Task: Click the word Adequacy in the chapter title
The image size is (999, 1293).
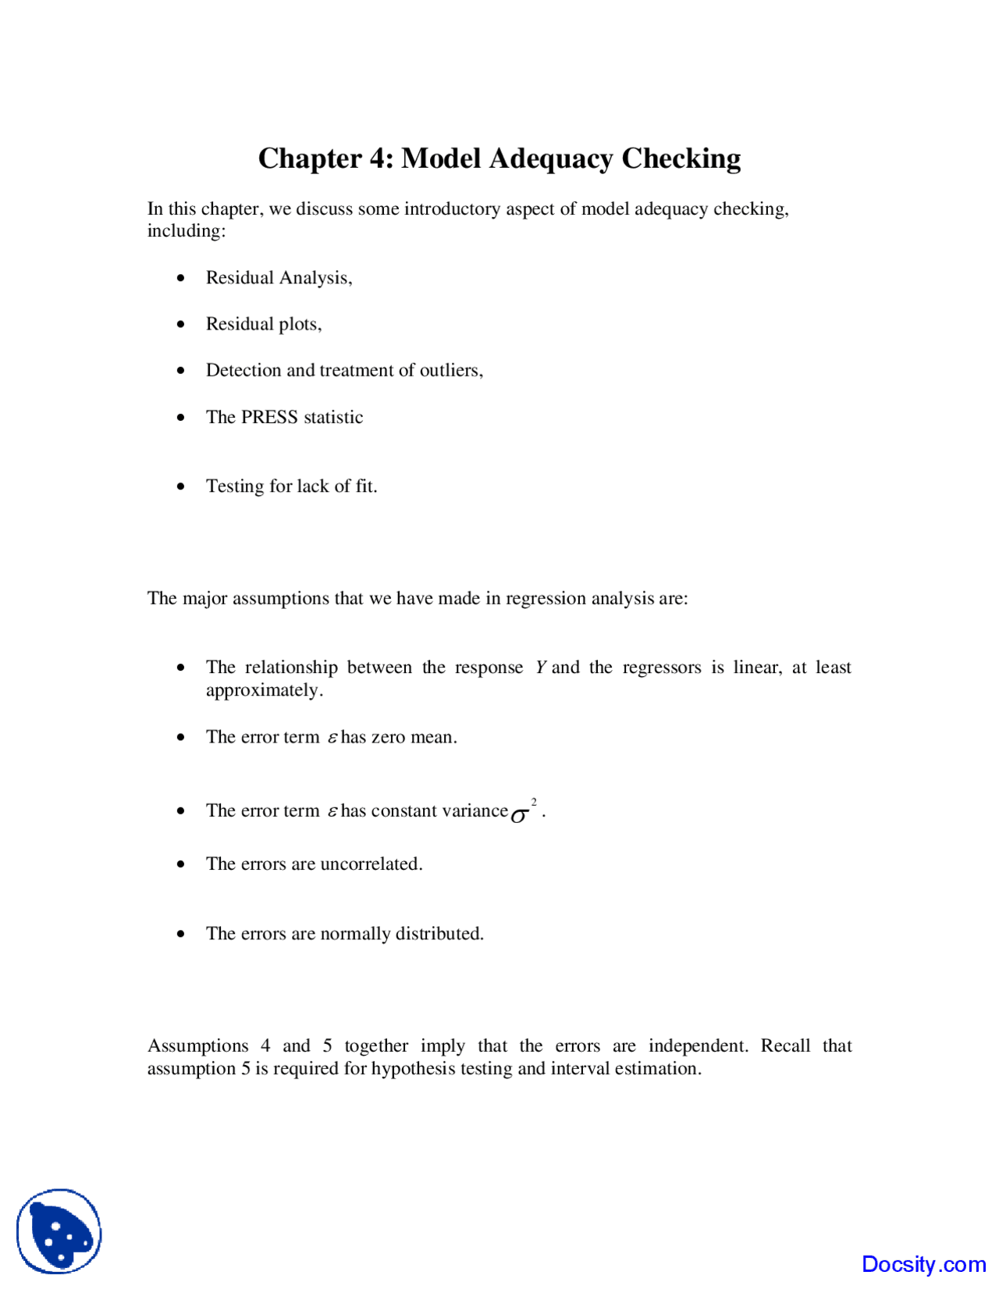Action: click(x=551, y=159)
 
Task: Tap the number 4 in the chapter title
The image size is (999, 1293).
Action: click(x=378, y=159)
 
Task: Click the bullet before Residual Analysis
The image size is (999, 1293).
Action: click(x=181, y=278)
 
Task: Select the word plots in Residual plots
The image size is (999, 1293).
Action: click(x=297, y=324)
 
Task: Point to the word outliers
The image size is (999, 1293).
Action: click(x=451, y=370)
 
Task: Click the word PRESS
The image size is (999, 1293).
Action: click(x=269, y=417)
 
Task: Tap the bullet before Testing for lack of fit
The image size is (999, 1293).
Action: click(x=181, y=486)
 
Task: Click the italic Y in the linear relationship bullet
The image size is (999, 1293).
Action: click(x=541, y=668)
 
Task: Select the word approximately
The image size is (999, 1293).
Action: click(x=264, y=690)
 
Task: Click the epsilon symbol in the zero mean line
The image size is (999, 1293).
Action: click(x=332, y=737)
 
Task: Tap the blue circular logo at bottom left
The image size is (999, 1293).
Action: click(x=59, y=1231)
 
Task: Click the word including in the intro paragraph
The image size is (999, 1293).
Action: click(x=186, y=231)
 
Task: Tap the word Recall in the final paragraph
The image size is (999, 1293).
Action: click(x=785, y=1045)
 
